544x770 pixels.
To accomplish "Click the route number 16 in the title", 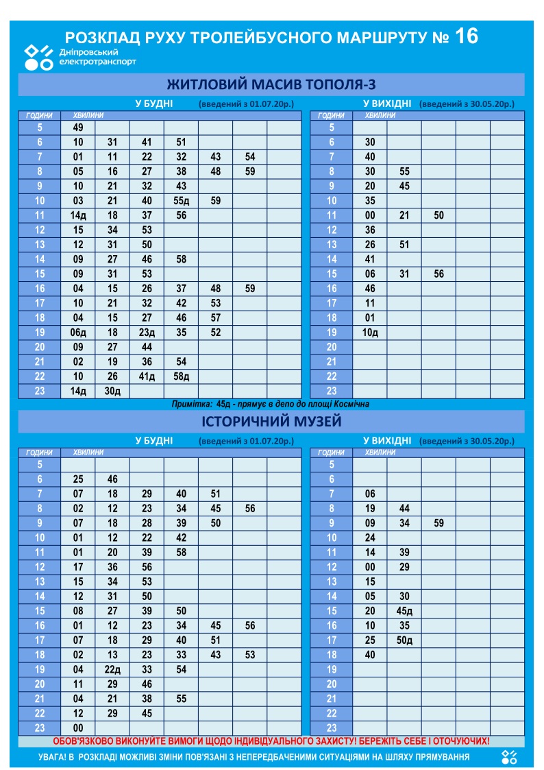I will pos(466,36).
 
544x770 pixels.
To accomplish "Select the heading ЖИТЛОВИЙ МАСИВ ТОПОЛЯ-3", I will pos(271,84).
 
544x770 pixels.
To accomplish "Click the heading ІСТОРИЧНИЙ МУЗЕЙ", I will pos(271,421).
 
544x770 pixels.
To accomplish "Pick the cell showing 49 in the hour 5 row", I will pos(78,128).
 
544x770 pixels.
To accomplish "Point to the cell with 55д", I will pos(181,201).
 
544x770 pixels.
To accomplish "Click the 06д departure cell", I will pos(78,333).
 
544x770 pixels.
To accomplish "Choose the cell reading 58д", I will pos(181,376).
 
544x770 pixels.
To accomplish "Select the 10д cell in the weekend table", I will pos(370,333).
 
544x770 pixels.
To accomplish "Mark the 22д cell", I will pos(112,670).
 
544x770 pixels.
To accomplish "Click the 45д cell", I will pos(404,611).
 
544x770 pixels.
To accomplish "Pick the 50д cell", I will pos(404,640).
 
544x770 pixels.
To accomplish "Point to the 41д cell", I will pos(147,376).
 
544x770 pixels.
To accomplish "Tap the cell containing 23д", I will pos(147,333).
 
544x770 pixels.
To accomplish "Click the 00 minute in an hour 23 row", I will pos(78,728).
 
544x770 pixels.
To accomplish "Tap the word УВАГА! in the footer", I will pos(56,757).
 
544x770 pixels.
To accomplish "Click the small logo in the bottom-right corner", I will pos(508,756).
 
